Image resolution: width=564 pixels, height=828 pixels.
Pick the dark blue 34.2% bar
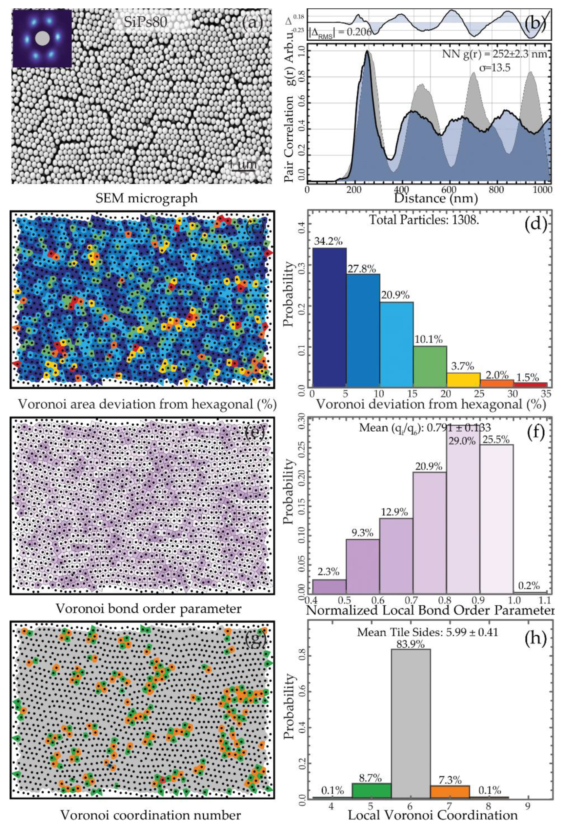click(x=329, y=317)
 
